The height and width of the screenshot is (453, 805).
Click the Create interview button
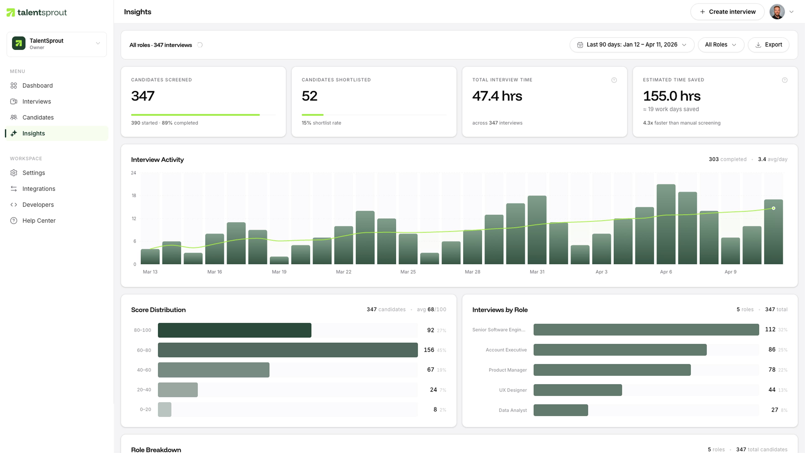727,12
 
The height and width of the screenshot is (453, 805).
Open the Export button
769,45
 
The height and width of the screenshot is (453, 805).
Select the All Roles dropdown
720,45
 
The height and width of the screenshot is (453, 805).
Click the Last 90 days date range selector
632,45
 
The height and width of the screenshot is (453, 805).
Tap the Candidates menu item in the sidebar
38,117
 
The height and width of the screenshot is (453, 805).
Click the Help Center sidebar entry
39,220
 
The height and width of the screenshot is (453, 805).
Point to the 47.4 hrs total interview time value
497,96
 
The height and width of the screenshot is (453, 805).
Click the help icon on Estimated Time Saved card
784,80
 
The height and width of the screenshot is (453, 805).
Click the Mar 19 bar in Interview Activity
279,260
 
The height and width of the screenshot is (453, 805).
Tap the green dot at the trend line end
773,208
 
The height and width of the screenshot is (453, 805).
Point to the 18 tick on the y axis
134,195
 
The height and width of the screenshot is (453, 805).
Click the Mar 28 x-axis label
472,272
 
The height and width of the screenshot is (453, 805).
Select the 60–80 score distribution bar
287,350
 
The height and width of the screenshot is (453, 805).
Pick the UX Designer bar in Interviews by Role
578,390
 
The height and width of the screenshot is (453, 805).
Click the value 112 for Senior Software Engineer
770,329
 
